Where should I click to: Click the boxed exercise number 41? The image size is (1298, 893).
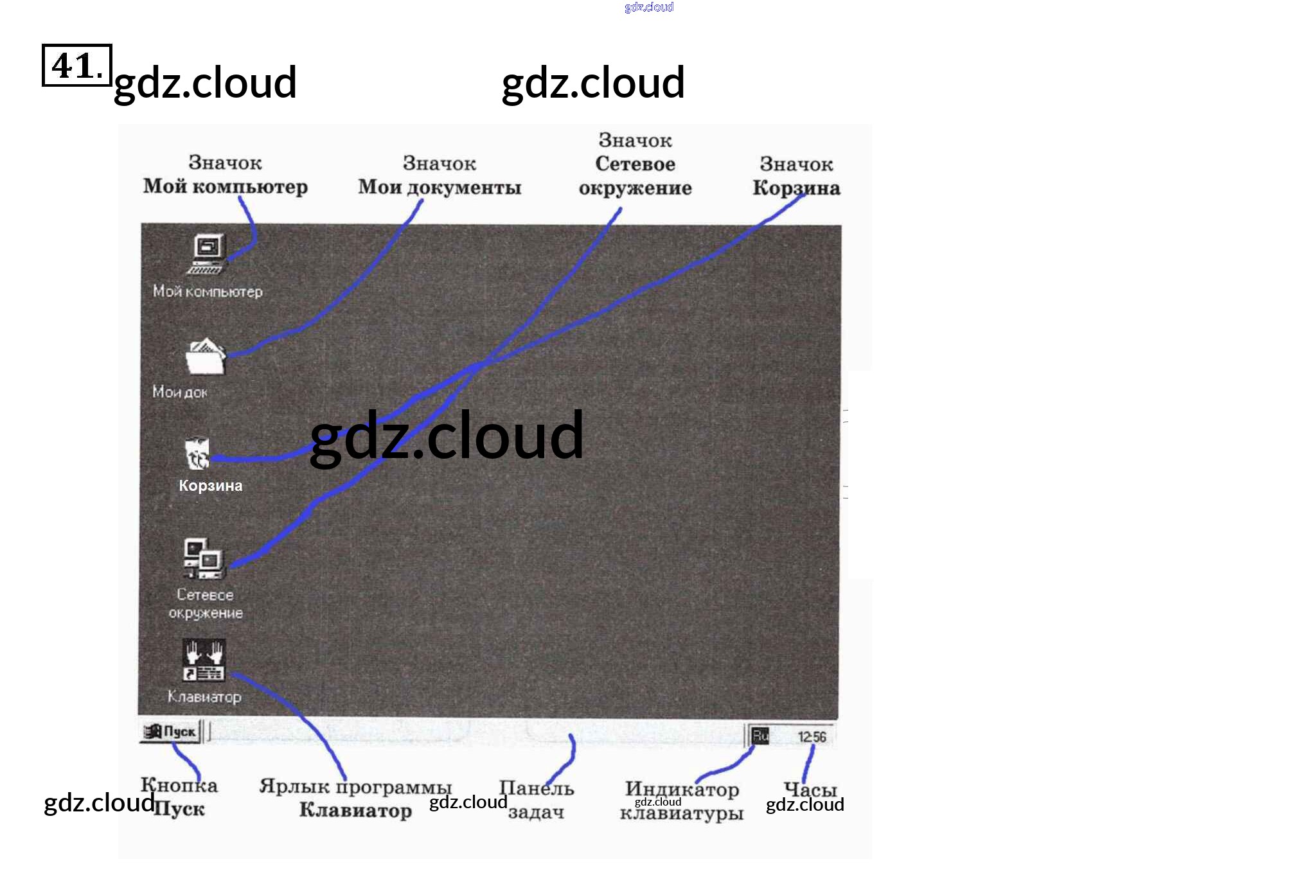click(x=76, y=65)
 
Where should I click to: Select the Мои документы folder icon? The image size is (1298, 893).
click(x=205, y=357)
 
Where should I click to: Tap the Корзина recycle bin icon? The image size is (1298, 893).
click(x=197, y=453)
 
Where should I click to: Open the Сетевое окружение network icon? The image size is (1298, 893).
click(x=203, y=559)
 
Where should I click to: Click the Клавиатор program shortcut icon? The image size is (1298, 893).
click(x=203, y=660)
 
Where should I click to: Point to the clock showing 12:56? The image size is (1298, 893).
click(x=812, y=737)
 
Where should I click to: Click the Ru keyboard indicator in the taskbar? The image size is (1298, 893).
click(x=760, y=736)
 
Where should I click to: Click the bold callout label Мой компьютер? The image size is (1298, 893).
click(x=226, y=187)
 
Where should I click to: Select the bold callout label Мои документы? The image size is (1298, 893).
click(x=440, y=188)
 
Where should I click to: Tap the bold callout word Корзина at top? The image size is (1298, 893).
click(x=796, y=188)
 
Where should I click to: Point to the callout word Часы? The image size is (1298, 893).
click(x=810, y=789)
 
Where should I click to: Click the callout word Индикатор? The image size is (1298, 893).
click(x=682, y=789)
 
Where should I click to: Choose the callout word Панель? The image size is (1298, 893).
click(x=537, y=788)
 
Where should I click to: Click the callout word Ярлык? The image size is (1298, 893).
click(x=294, y=786)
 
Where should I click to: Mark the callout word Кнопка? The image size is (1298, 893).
click(x=179, y=785)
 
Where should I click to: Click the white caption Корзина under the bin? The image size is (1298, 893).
click(x=211, y=486)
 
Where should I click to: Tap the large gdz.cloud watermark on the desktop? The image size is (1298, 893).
click(x=447, y=436)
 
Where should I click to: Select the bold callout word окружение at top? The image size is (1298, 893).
click(x=635, y=188)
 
